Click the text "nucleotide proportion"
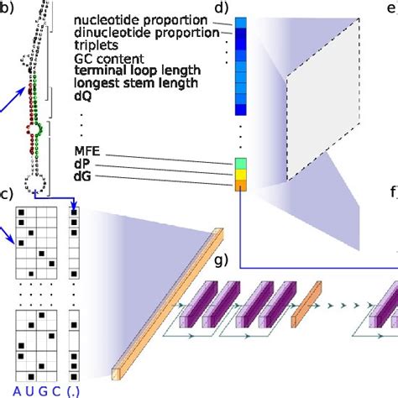(x=140, y=20)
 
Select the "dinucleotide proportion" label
(x=147, y=33)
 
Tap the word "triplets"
(x=96, y=45)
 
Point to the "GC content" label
(x=109, y=59)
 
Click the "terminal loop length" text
(x=138, y=71)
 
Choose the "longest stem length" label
(x=136, y=83)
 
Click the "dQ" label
(x=83, y=97)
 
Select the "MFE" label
(x=87, y=151)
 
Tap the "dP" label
(x=82, y=164)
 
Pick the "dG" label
(x=82, y=176)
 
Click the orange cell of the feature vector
(x=241, y=186)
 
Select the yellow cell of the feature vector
(x=241, y=175)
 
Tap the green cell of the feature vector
(x=241, y=164)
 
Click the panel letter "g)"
(x=222, y=259)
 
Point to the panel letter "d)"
(x=222, y=8)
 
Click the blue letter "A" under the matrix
(x=17, y=391)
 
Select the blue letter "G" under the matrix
(x=43, y=391)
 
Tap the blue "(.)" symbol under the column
(x=73, y=391)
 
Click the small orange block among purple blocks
(x=306, y=304)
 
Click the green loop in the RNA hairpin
(x=39, y=129)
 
